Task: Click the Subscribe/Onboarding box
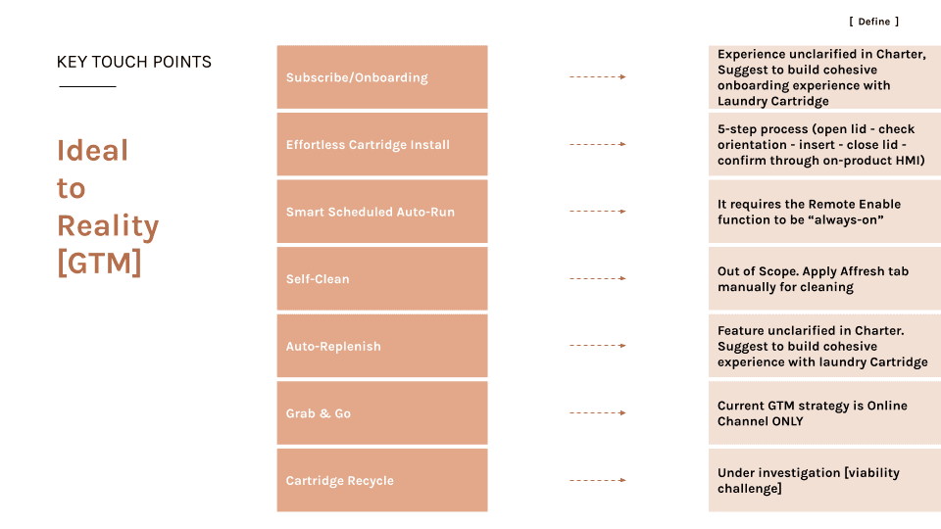coord(382,76)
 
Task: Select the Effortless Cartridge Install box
coord(382,144)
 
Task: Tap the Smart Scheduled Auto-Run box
coord(382,212)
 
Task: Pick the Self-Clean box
coord(382,278)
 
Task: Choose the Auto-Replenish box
coord(382,346)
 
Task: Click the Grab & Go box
coord(382,412)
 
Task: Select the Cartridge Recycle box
coord(382,480)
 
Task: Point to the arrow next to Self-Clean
coord(598,278)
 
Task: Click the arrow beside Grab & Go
coord(598,412)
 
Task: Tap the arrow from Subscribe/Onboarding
coord(598,76)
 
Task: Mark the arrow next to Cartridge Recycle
coord(598,480)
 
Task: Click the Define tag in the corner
coord(873,22)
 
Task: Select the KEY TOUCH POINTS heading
coord(134,62)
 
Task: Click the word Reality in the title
coord(108,226)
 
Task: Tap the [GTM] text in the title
coord(99,263)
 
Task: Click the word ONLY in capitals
coord(787,421)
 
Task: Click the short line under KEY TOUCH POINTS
coord(87,86)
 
